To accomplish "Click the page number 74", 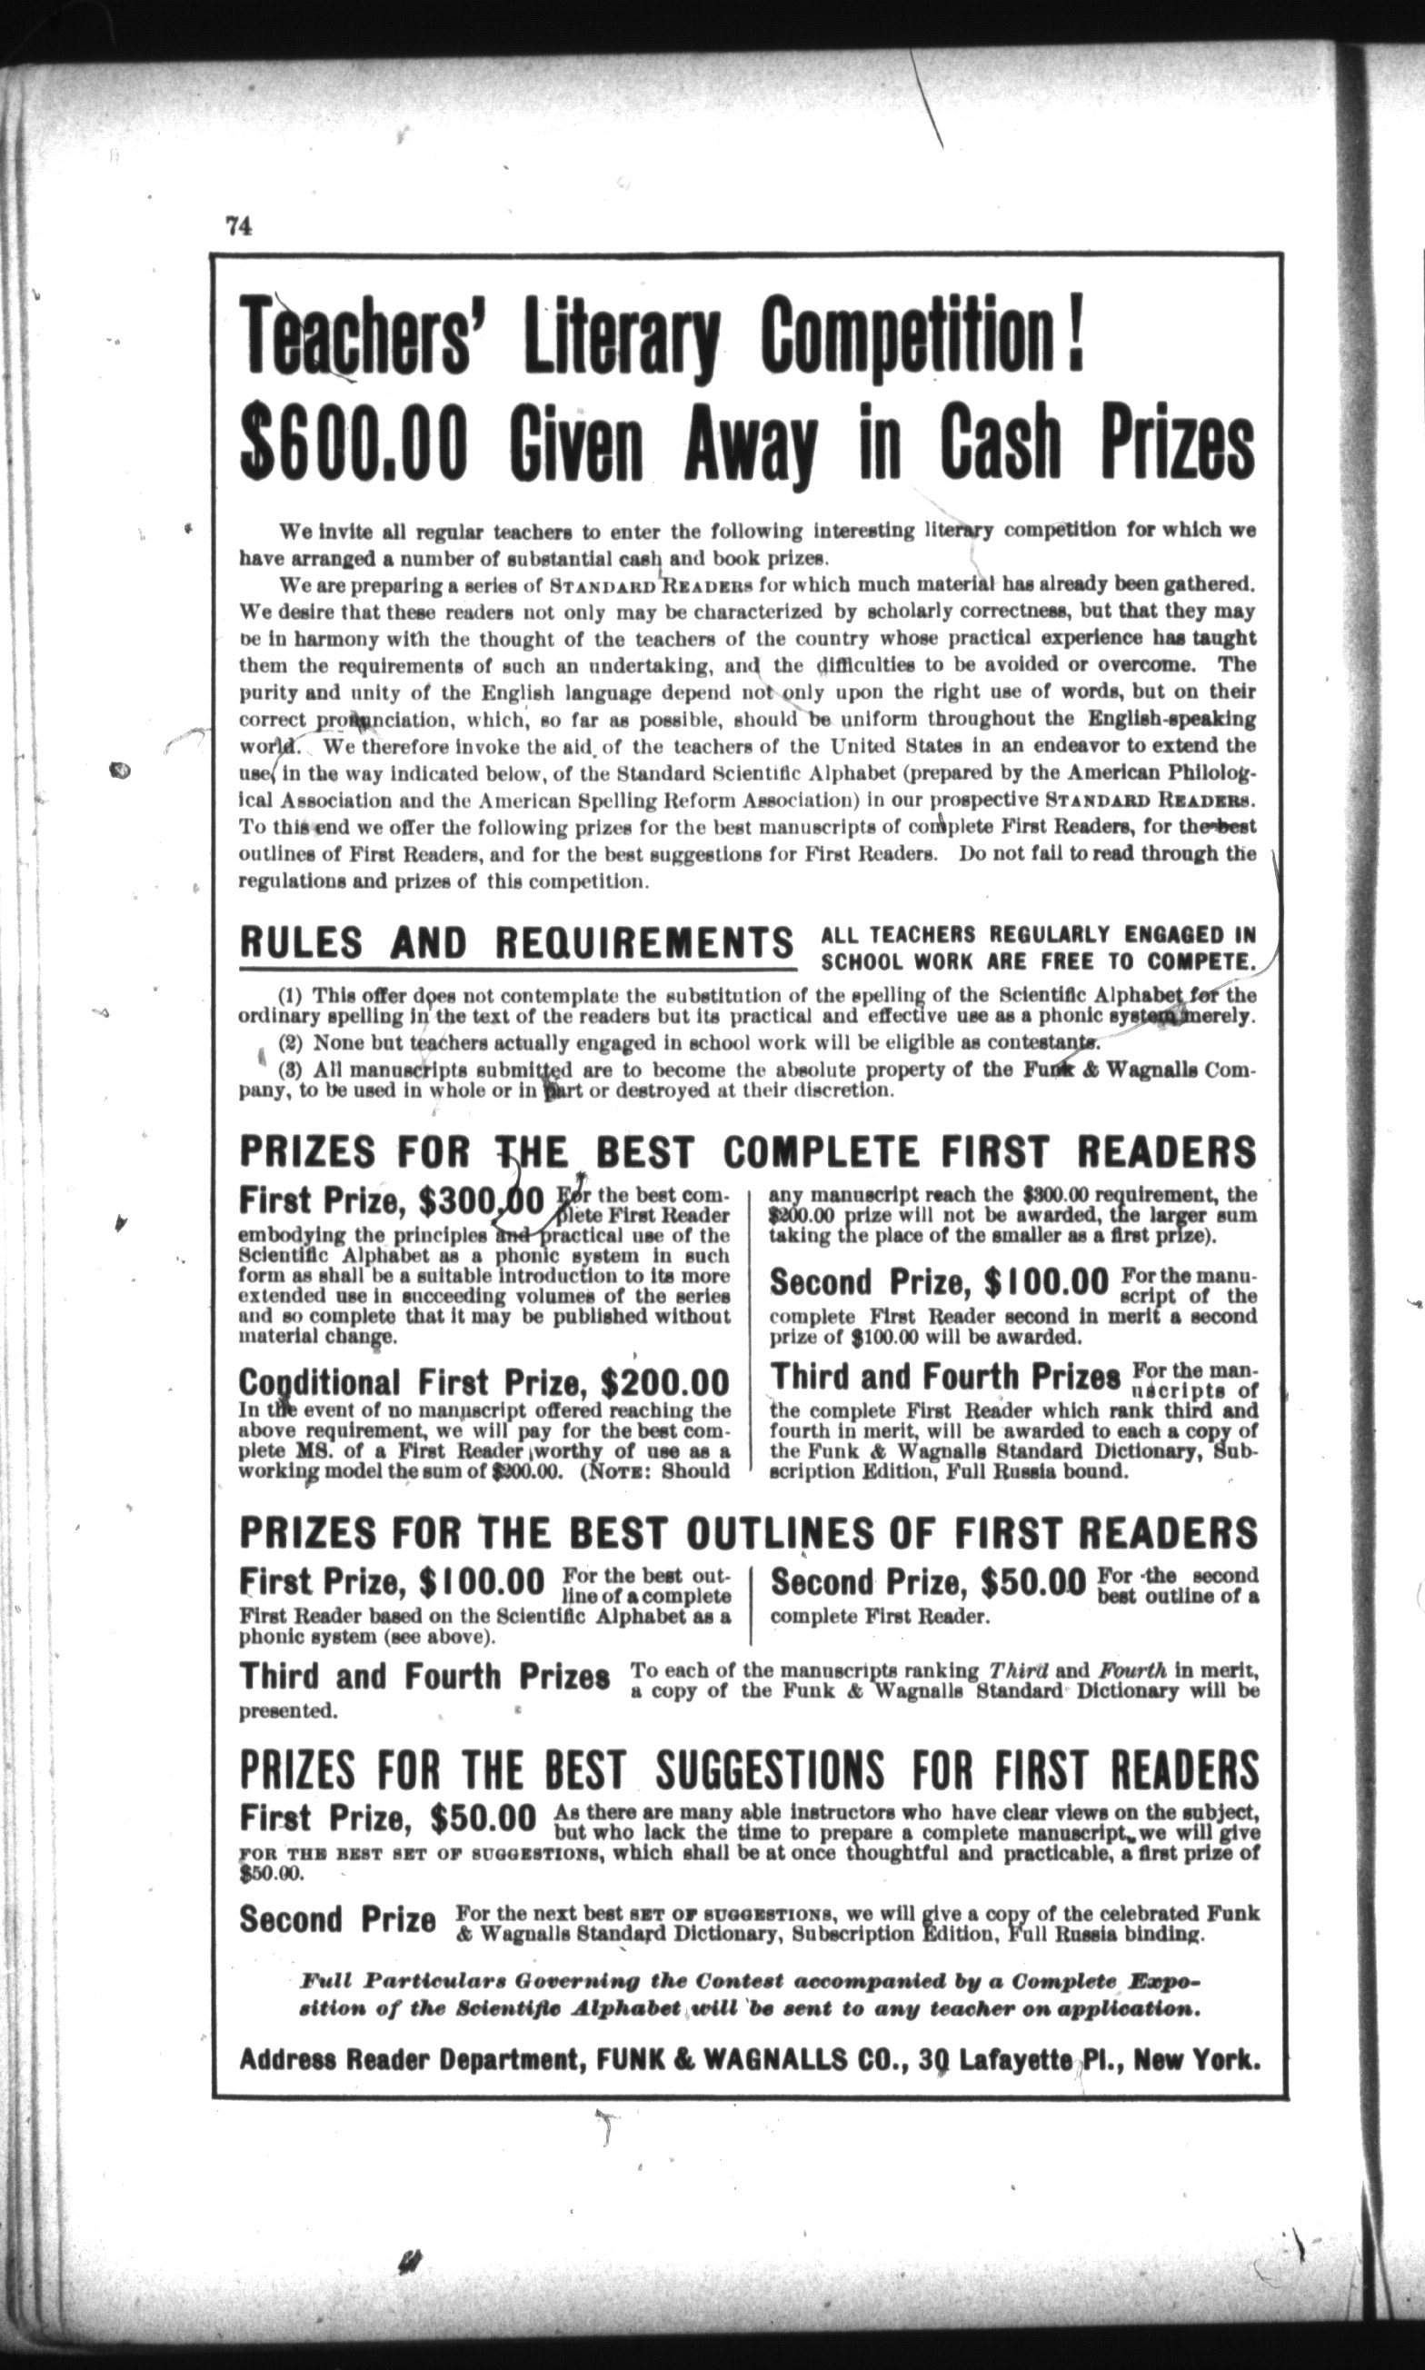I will point(238,225).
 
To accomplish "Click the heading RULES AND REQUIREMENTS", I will point(516,942).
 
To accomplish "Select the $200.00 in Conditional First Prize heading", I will point(663,1382).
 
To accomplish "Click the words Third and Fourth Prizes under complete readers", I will point(946,1378).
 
